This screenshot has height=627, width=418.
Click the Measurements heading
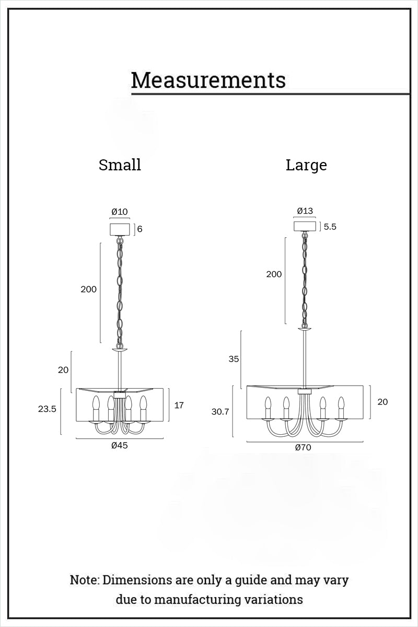[x=208, y=80]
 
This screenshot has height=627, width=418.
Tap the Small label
[x=120, y=165]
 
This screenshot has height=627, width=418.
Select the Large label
[x=306, y=166]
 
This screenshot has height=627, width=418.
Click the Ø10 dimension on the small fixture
[x=120, y=212]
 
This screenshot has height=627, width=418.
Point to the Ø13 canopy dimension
[x=305, y=211]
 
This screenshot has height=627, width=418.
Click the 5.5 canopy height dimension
[x=330, y=227]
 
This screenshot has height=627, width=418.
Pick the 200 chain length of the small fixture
[x=88, y=289]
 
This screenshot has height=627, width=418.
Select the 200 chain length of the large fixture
[x=274, y=274]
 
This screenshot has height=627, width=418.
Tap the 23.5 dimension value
[x=47, y=409]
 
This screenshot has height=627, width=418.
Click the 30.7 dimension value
[x=220, y=412]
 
